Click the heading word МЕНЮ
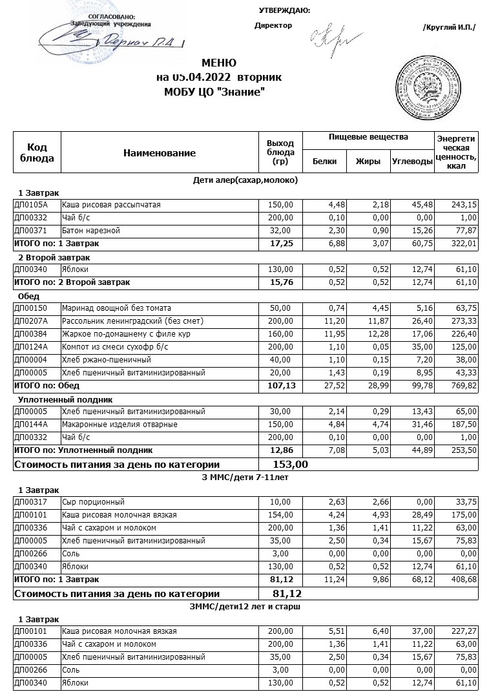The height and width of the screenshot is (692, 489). coord(219,63)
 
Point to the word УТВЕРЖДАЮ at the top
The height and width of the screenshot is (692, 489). coord(284,10)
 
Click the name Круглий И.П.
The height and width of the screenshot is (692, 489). coord(449,27)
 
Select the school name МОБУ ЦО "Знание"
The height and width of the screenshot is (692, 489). coord(215,92)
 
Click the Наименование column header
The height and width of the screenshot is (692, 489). coord(159,153)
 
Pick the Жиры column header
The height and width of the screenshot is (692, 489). coord(368,162)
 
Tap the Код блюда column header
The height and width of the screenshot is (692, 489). coord(37,153)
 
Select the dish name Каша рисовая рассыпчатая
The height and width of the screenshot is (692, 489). coord(110,205)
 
